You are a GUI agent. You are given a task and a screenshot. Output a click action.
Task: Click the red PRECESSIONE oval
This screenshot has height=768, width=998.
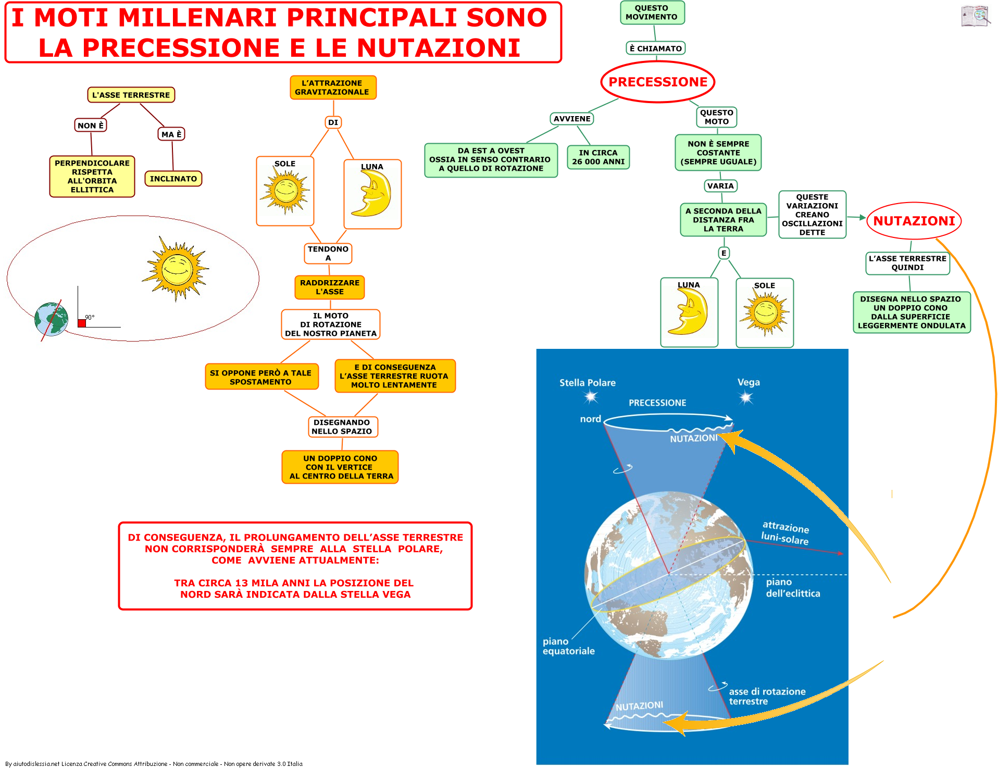[658, 82]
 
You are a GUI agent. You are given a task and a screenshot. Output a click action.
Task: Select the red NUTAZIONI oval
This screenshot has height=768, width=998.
[914, 221]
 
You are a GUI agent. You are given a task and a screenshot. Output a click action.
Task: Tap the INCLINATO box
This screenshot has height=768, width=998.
[173, 179]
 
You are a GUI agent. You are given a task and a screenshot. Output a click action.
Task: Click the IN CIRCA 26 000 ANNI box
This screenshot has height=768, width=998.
[598, 157]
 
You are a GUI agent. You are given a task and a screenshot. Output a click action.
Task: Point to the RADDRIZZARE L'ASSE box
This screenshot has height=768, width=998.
[330, 287]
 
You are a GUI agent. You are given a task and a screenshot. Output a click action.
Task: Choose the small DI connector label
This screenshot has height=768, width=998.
[333, 122]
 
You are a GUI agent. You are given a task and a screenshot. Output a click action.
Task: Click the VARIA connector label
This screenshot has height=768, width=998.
[720, 186]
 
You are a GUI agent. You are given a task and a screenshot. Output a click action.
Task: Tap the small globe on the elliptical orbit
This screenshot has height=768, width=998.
[51, 319]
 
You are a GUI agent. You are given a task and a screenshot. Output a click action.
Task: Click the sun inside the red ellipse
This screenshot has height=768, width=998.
[177, 269]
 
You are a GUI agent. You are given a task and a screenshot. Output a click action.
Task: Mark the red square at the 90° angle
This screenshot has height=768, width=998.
[82, 323]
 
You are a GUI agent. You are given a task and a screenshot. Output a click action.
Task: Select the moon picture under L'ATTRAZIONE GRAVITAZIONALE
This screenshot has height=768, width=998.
[372, 194]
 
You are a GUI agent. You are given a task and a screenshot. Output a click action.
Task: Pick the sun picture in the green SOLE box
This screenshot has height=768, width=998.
[765, 312]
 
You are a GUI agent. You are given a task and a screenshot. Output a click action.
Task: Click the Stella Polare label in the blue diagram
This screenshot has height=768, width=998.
[588, 383]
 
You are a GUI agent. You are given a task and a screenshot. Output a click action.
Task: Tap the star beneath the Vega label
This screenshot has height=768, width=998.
[746, 398]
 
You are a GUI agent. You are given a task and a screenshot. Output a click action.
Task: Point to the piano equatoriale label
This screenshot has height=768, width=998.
[568, 646]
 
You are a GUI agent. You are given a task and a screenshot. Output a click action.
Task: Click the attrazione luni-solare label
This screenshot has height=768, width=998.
[785, 533]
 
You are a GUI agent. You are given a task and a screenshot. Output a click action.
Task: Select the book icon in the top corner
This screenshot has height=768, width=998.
[976, 16]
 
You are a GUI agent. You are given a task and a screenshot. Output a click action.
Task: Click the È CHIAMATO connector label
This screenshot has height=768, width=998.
[656, 48]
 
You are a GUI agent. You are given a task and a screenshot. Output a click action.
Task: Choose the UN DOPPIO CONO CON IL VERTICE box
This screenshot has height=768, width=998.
[340, 467]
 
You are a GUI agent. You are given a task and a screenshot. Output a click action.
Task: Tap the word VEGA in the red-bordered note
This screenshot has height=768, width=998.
[397, 595]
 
